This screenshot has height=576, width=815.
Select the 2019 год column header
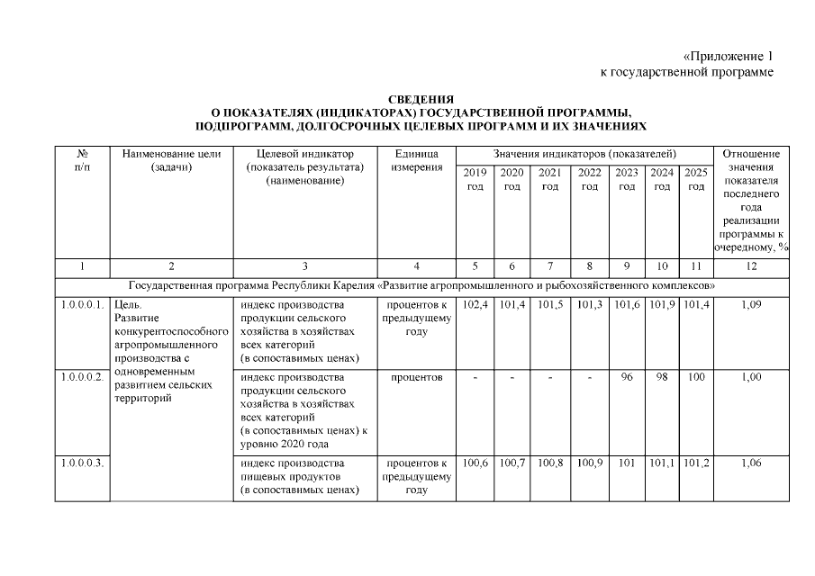(x=475, y=179)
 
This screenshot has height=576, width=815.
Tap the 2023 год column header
(x=626, y=179)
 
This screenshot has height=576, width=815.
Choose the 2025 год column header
(x=695, y=179)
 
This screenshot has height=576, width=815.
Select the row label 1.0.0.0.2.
(x=82, y=377)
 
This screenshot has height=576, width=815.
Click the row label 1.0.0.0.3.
(x=82, y=463)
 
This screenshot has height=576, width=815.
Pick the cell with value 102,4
(x=475, y=306)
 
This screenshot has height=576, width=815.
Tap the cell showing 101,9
(x=662, y=306)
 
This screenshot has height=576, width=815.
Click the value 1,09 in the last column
(x=751, y=306)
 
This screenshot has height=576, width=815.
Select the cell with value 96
(x=626, y=377)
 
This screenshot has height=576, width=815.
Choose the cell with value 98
(x=662, y=377)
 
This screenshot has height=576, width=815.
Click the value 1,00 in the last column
(x=751, y=377)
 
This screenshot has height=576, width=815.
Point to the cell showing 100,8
(x=549, y=463)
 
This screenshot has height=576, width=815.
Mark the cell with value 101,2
(x=695, y=463)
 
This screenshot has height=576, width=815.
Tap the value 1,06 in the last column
(x=751, y=463)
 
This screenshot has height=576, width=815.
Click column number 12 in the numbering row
(x=751, y=266)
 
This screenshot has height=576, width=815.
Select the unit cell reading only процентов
(x=416, y=377)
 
